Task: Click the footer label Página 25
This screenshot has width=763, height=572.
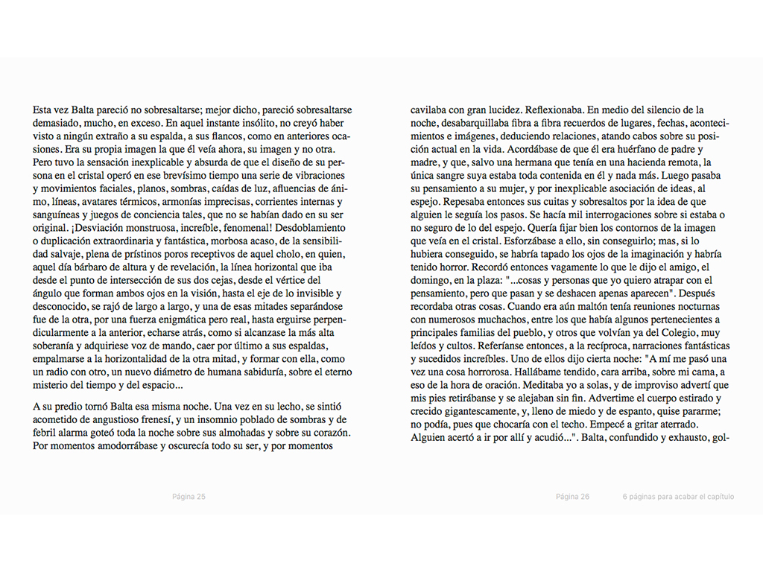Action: click(189, 497)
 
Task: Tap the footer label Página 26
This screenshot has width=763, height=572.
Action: click(572, 497)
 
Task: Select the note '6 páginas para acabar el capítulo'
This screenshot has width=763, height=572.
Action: click(679, 497)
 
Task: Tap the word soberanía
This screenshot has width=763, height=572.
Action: click(58, 346)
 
